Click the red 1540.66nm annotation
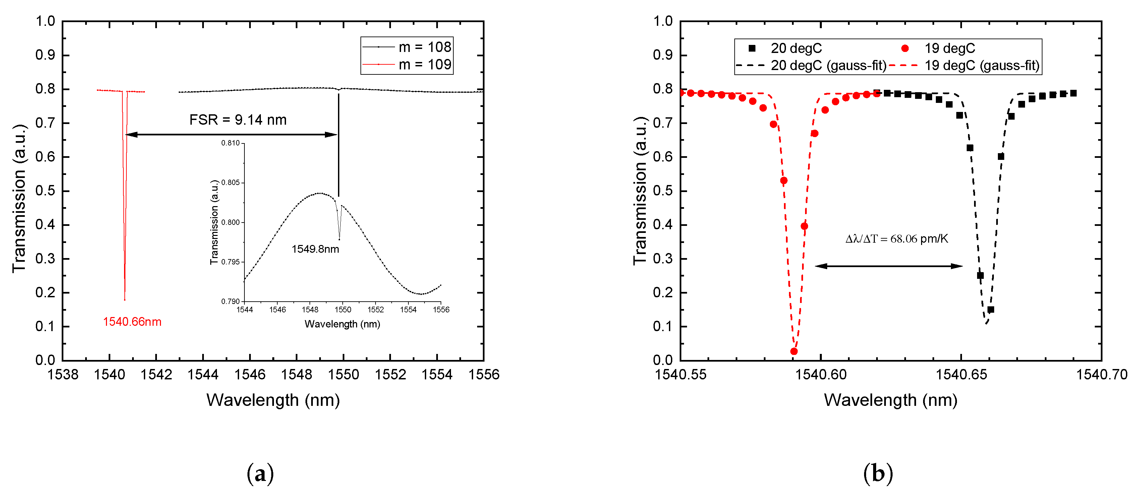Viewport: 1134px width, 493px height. [132, 322]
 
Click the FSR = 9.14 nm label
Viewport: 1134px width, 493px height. [238, 120]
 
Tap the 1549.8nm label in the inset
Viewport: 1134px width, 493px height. [315, 249]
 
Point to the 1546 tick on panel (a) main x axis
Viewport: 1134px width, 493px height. [249, 375]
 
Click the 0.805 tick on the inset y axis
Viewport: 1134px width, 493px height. [230, 183]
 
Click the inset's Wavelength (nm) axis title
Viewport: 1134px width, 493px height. [342, 324]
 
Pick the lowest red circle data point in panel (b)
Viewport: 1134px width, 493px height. [794, 351]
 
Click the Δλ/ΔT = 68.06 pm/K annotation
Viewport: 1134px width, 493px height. [897, 239]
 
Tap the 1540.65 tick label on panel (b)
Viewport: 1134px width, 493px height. [961, 375]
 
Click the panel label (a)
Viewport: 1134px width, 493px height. [260, 474]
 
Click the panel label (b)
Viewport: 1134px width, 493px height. [878, 474]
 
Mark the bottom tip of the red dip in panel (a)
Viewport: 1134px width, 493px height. [125, 300]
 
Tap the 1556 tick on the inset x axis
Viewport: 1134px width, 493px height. [441, 310]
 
